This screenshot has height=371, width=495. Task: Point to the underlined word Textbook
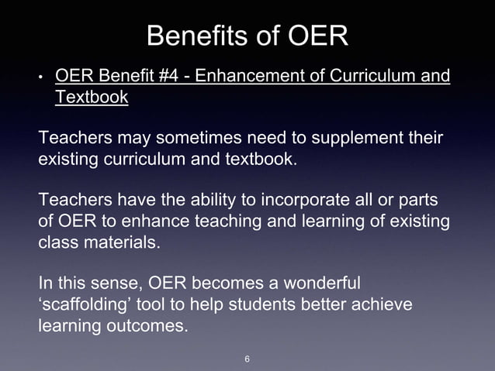coord(92,98)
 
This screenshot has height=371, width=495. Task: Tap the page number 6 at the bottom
coord(247,359)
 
